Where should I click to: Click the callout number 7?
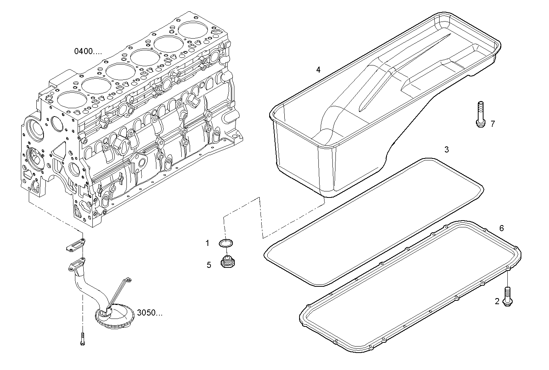(493, 124)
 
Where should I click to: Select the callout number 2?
(497, 302)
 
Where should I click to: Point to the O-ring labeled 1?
(226, 243)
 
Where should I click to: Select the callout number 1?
(207, 243)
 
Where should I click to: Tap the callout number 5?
(209, 265)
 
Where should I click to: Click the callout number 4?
(318, 70)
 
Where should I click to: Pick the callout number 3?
(446, 150)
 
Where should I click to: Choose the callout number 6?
(502, 228)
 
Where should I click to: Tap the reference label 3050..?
(150, 313)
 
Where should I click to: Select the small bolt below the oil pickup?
(82, 338)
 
